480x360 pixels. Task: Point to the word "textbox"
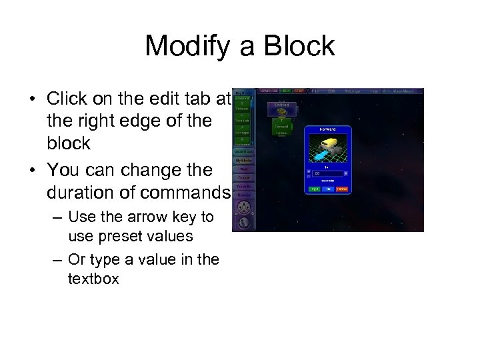[x=93, y=279]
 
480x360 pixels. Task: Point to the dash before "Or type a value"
[x=57, y=259]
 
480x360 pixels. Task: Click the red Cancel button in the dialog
[x=341, y=189]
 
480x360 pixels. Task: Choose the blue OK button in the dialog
[x=328, y=189]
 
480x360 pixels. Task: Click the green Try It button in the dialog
[x=315, y=189]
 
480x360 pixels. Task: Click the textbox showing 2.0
[x=327, y=173]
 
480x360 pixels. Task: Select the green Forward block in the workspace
[x=281, y=125]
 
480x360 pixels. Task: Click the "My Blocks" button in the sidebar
[x=244, y=161]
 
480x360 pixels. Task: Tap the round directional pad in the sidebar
[x=244, y=207]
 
